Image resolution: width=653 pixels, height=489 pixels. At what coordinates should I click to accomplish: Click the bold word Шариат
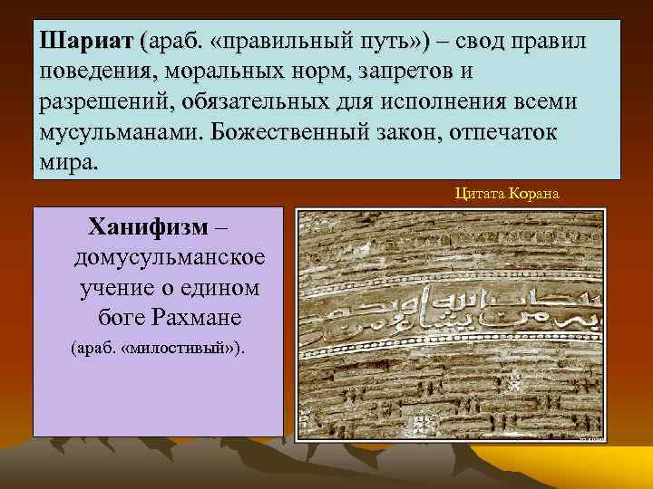[x=86, y=43]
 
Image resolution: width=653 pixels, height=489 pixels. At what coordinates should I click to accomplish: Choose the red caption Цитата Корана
[x=507, y=192]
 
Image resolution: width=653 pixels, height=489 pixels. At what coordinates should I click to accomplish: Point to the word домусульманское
[x=170, y=257]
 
